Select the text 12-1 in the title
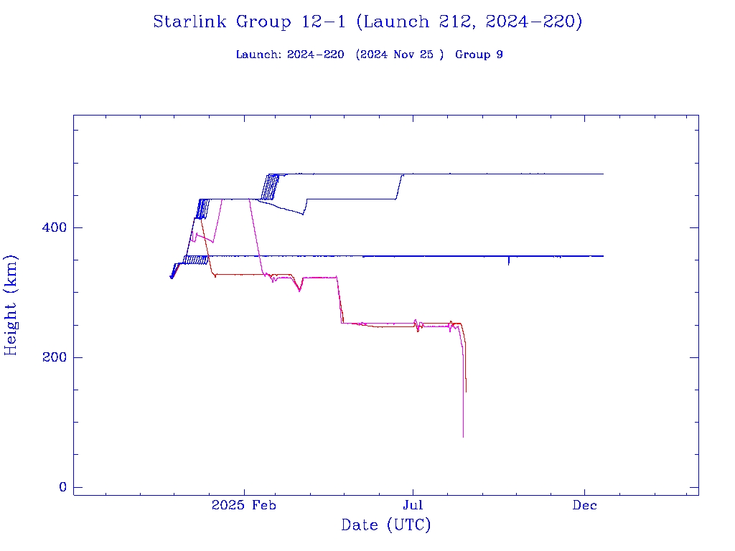click(323, 22)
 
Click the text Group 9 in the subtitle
click(479, 55)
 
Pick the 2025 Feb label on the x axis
click(244, 505)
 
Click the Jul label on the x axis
click(413, 505)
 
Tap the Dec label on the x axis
click(585, 505)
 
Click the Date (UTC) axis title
click(386, 525)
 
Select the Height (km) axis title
click(11, 305)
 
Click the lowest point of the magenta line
click(463, 437)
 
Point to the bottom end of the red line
click(466, 392)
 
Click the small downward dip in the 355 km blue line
click(509, 264)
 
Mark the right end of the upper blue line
click(603, 174)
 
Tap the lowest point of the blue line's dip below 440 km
click(304, 215)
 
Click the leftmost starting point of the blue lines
click(170, 277)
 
